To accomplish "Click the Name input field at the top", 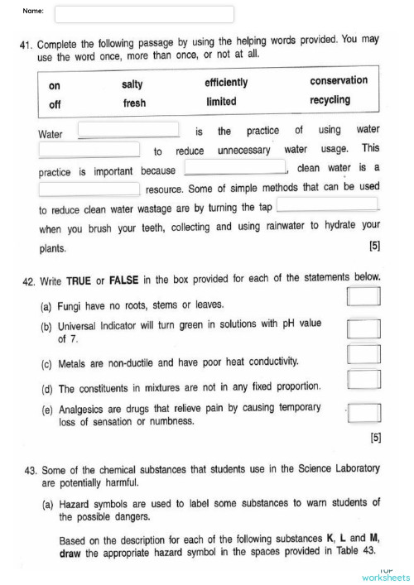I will pos(144,14).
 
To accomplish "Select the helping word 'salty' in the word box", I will pos(132,84).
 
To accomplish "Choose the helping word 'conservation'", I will pos(339,80).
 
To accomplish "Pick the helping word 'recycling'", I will pos(330,100).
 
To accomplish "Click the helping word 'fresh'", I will pos(134,103).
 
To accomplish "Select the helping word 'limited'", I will pos(221,102).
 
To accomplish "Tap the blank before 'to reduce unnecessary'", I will pos(89,150).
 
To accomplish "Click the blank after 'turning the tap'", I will pos(328,204).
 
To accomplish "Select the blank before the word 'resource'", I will pos(89,189).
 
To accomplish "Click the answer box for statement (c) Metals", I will pos(363,355).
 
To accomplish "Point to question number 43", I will pos(31,469).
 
